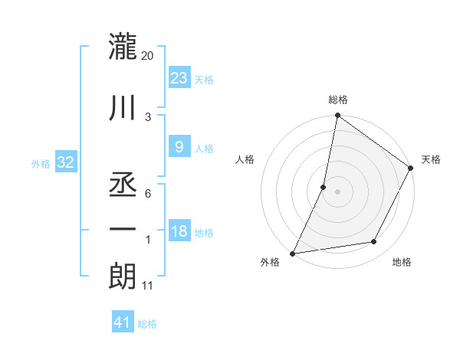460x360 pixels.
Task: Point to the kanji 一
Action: point(123,229)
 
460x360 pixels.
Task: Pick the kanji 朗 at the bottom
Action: point(123,275)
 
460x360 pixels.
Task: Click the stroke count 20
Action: point(148,56)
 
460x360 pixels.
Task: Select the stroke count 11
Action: point(149,286)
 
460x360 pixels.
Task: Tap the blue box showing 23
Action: point(179,77)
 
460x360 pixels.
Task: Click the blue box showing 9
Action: point(179,147)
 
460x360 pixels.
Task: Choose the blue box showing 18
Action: point(179,231)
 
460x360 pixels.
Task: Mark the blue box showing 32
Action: point(65,162)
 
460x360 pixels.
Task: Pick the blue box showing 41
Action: point(123,322)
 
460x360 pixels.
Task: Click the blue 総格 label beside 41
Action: point(147,324)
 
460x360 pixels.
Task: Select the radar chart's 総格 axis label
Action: point(337,100)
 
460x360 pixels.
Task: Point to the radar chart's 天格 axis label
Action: point(431,159)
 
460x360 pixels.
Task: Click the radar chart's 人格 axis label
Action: point(245,159)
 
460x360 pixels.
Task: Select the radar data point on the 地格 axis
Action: point(374,242)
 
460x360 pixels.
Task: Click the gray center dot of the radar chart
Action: point(337,191)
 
